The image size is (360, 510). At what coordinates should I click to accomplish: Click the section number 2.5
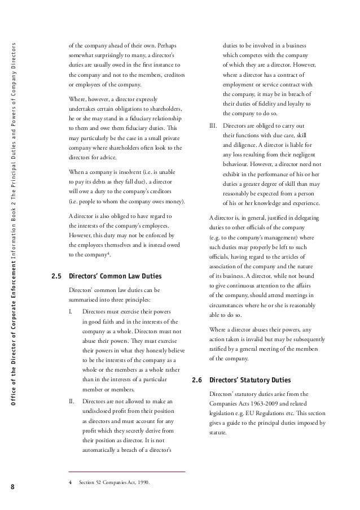pos(56,277)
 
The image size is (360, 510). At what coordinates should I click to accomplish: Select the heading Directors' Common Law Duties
pos(115,277)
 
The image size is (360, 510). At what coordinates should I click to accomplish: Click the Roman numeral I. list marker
pos(70,311)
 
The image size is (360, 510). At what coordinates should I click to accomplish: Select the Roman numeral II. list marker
pos(71,401)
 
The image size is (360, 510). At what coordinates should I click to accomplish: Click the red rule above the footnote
pos(126,471)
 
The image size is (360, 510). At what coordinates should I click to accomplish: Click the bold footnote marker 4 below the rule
pos(70,482)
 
